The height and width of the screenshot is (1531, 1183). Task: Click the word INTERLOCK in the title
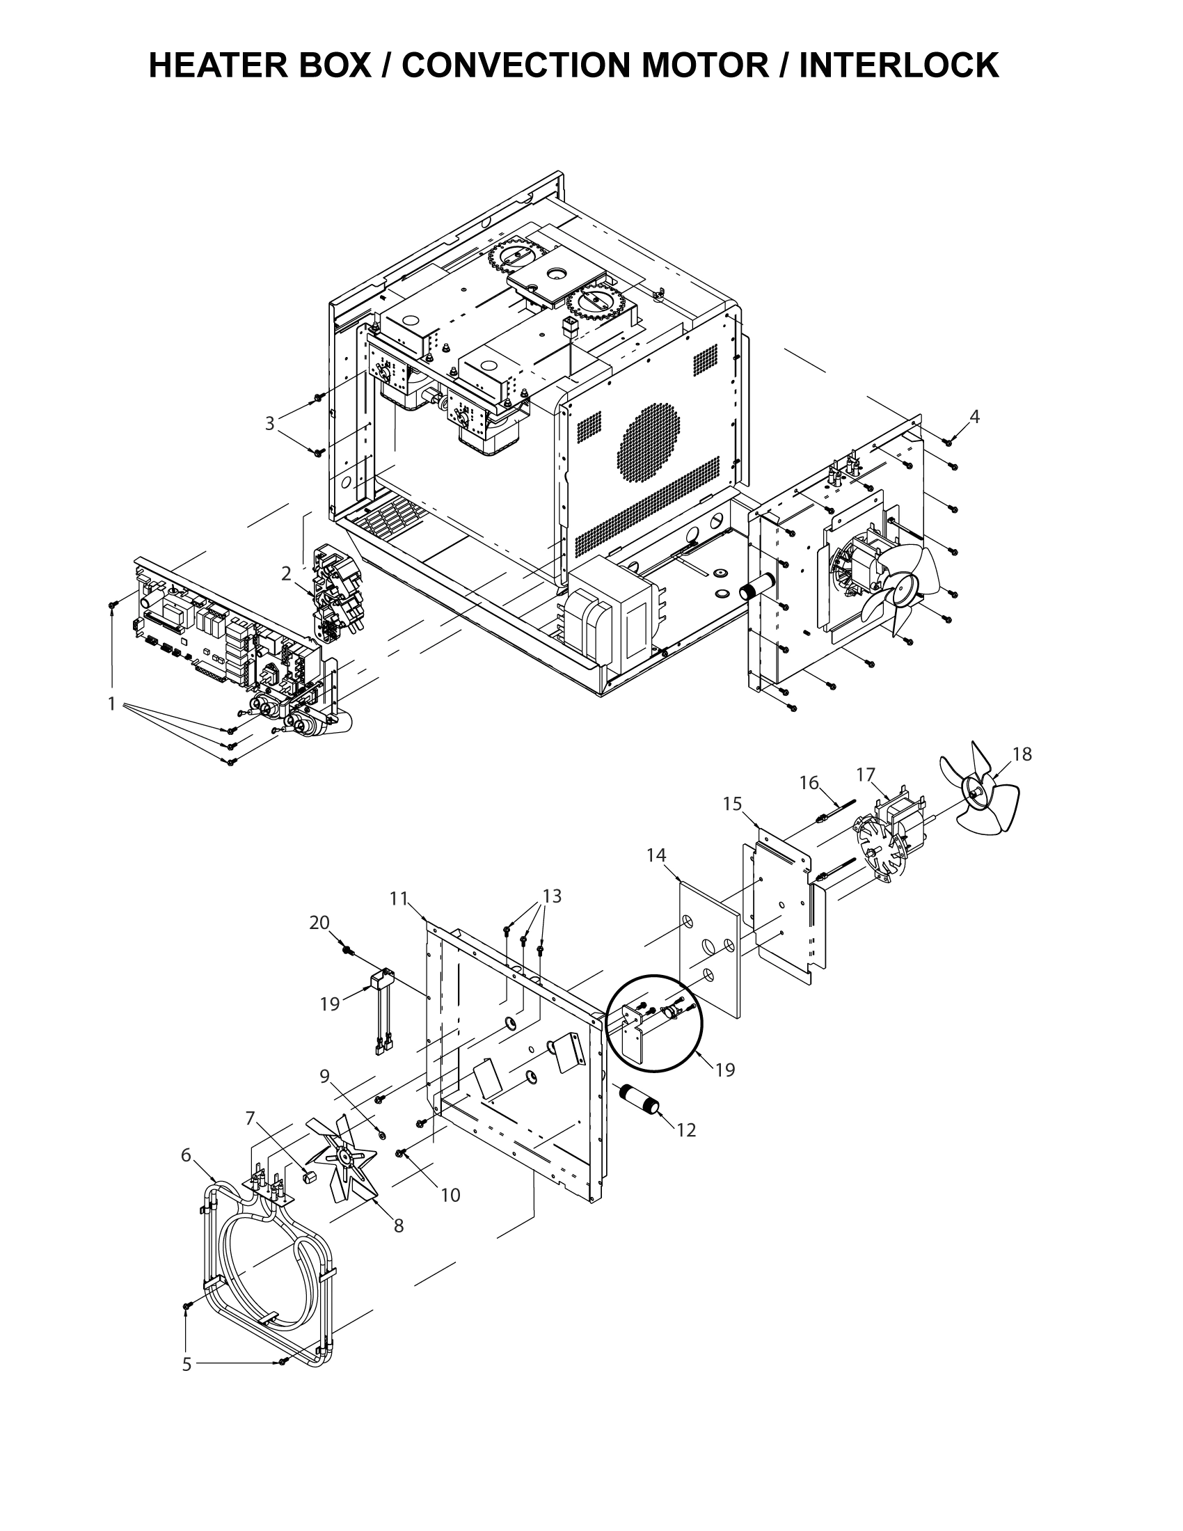[898, 66]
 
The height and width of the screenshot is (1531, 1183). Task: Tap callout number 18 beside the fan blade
[1022, 754]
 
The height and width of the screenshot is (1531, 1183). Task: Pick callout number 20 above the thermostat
[319, 923]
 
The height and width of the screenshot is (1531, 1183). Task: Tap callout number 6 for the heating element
[186, 1155]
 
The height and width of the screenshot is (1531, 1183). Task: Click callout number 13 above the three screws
[553, 896]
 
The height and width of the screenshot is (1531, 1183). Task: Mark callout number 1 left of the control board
[111, 703]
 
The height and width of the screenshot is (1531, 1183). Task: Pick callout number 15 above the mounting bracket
[732, 804]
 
